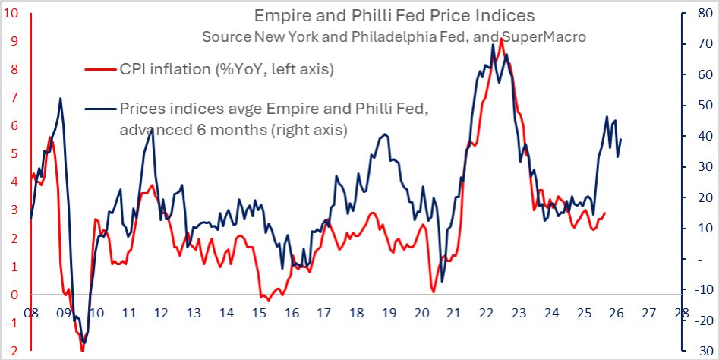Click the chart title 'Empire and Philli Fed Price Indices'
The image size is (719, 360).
click(x=394, y=15)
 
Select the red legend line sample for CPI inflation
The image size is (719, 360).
click(x=99, y=70)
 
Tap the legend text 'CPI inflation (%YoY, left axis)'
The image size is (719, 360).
click(x=226, y=71)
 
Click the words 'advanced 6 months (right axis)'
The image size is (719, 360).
click(x=233, y=130)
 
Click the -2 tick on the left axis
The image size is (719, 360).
click(x=12, y=352)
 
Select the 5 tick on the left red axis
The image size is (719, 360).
click(x=14, y=154)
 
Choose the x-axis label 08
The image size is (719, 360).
click(x=31, y=312)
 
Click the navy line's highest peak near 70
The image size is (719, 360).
click(x=493, y=45)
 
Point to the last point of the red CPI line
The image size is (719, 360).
click(x=605, y=213)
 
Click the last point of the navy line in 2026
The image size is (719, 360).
click(x=622, y=139)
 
